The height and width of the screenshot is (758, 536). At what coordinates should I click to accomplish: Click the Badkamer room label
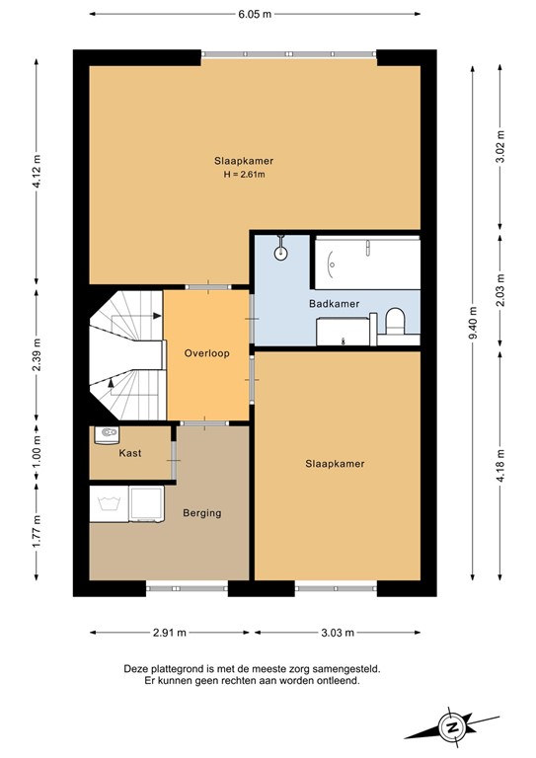(334, 304)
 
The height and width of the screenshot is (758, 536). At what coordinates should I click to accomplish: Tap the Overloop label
(207, 352)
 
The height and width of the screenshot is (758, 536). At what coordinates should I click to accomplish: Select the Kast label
(130, 453)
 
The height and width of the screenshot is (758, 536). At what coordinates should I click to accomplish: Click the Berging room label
(201, 512)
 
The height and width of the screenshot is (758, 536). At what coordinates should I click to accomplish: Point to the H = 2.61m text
(244, 175)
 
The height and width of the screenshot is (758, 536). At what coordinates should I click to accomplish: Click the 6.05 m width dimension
(254, 14)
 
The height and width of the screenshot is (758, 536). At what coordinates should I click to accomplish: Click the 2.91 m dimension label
(169, 633)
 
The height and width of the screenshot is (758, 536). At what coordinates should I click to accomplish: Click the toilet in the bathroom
(394, 322)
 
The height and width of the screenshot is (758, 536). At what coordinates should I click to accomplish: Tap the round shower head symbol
(280, 250)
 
